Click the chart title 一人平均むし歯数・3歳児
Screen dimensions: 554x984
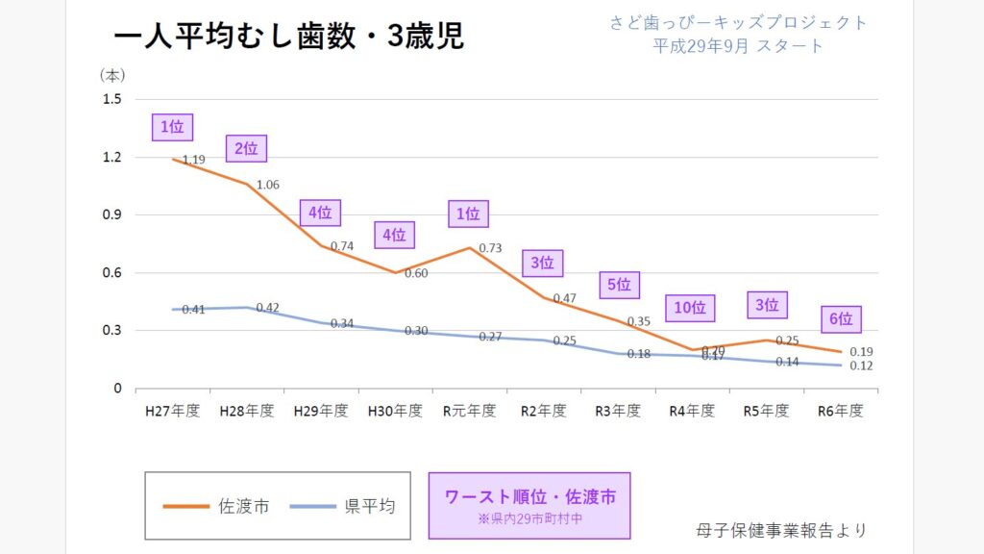pyautogui.click(x=288, y=36)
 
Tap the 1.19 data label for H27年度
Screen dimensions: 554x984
pyautogui.click(x=193, y=160)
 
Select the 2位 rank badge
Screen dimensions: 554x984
pyautogui.click(x=246, y=148)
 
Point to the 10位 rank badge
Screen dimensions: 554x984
pyautogui.click(x=690, y=308)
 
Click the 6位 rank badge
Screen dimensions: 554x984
pyautogui.click(x=841, y=319)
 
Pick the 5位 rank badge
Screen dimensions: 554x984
pyautogui.click(x=619, y=285)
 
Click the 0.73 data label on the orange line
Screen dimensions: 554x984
pyautogui.click(x=490, y=248)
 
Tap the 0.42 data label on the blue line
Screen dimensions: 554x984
pyautogui.click(x=267, y=308)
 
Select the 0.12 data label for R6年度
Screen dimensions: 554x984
pyautogui.click(x=862, y=366)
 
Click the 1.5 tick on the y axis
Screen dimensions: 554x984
pyautogui.click(x=112, y=99)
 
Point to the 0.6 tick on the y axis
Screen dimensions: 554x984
pyautogui.click(x=112, y=272)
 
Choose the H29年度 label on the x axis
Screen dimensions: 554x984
pyautogui.click(x=321, y=411)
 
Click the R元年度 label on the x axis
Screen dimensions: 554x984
pyautogui.click(x=469, y=411)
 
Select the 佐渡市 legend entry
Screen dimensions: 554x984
pyautogui.click(x=216, y=506)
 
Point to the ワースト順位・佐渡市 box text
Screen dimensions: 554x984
pyautogui.click(x=529, y=497)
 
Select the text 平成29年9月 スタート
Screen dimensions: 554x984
pyautogui.click(x=738, y=45)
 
